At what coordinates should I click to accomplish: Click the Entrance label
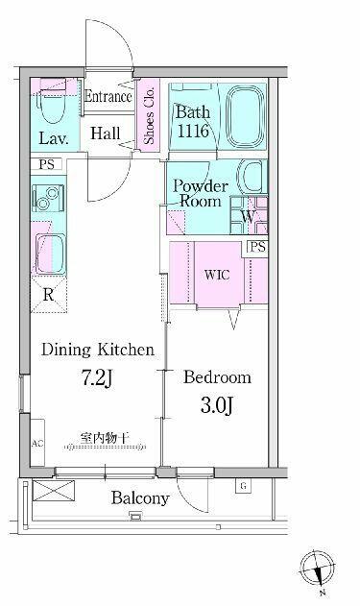(x=108, y=96)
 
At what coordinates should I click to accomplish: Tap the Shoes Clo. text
(x=149, y=115)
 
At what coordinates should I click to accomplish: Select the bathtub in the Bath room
(x=245, y=115)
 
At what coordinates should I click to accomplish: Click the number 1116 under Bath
(x=193, y=132)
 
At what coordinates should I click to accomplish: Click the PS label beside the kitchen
(x=47, y=164)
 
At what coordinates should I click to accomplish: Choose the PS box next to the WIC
(x=257, y=247)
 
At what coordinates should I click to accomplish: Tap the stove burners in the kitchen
(x=47, y=198)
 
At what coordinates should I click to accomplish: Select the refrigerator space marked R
(x=49, y=295)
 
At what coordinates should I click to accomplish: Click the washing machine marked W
(x=249, y=216)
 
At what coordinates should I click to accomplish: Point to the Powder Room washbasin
(x=252, y=177)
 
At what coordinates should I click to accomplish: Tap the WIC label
(x=217, y=275)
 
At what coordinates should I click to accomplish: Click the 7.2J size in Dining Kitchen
(x=97, y=377)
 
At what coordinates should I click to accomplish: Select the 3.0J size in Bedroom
(x=217, y=405)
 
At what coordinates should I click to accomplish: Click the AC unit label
(x=37, y=444)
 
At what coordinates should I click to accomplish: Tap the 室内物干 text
(x=105, y=438)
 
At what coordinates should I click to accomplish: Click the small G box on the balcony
(x=243, y=486)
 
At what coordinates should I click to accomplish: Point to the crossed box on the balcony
(x=54, y=491)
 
